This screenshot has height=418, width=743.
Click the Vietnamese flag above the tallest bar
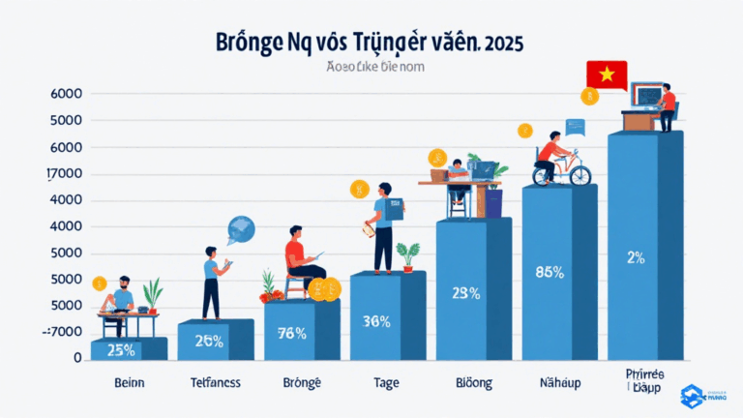pos(607,75)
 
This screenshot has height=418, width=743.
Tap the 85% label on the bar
pos(549,272)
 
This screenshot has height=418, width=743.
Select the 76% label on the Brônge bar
pos(291,334)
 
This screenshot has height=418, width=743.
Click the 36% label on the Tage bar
pos(376,321)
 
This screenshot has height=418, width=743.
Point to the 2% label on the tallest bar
pos(635,257)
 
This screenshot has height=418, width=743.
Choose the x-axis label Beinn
pos(123,383)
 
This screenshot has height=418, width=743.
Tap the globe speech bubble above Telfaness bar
pos(241,229)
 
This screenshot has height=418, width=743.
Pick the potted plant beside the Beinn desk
pos(151,294)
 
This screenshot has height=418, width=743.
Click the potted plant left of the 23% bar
pos(408,254)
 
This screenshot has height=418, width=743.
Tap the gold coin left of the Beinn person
pos(99,284)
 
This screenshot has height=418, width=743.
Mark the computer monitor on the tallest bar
pos(646,95)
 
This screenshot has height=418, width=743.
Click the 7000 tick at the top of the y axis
pos(64,174)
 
